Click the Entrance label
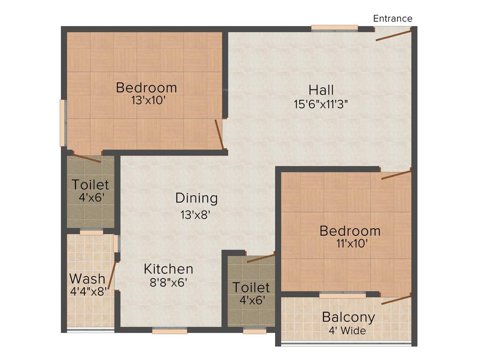coord(392,19)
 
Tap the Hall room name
coord(321,90)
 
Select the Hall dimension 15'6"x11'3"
coord(321,104)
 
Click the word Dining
coord(196,198)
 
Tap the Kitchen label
coord(168,269)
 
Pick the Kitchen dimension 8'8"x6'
coord(169,282)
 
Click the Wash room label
coord(87,278)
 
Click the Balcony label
coord(348,317)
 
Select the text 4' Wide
coord(348,330)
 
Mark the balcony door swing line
coord(396,300)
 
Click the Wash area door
coord(112,275)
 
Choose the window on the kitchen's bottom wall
coord(170,330)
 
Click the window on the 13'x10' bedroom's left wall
coord(62,123)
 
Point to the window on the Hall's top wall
coord(334,28)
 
